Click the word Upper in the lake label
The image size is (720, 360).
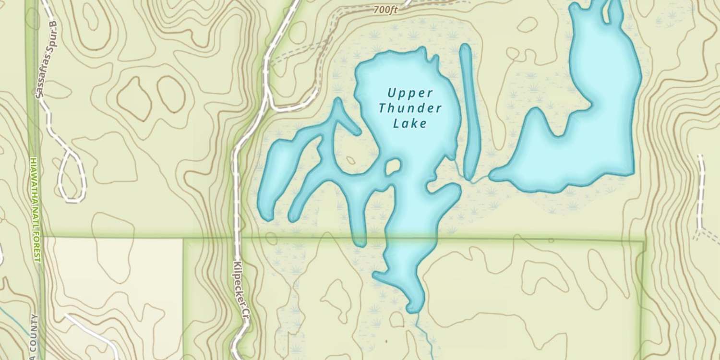[410, 92]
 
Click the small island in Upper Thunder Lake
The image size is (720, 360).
[393, 167]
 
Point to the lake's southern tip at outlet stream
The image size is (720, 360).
[413, 307]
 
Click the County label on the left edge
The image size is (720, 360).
[34, 336]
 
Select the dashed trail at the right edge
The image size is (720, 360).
[702, 192]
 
